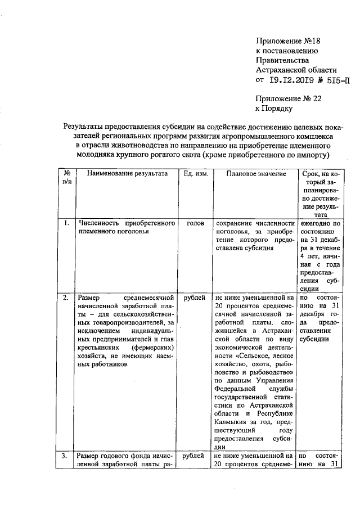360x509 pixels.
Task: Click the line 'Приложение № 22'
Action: pos(292,98)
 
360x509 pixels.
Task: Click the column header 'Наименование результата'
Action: pos(127,174)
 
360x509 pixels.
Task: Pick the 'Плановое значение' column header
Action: pos(255,174)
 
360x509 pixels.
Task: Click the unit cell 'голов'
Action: pos(195,223)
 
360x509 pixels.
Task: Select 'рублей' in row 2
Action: pos(194,297)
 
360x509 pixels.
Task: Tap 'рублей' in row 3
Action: pos(194,455)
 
